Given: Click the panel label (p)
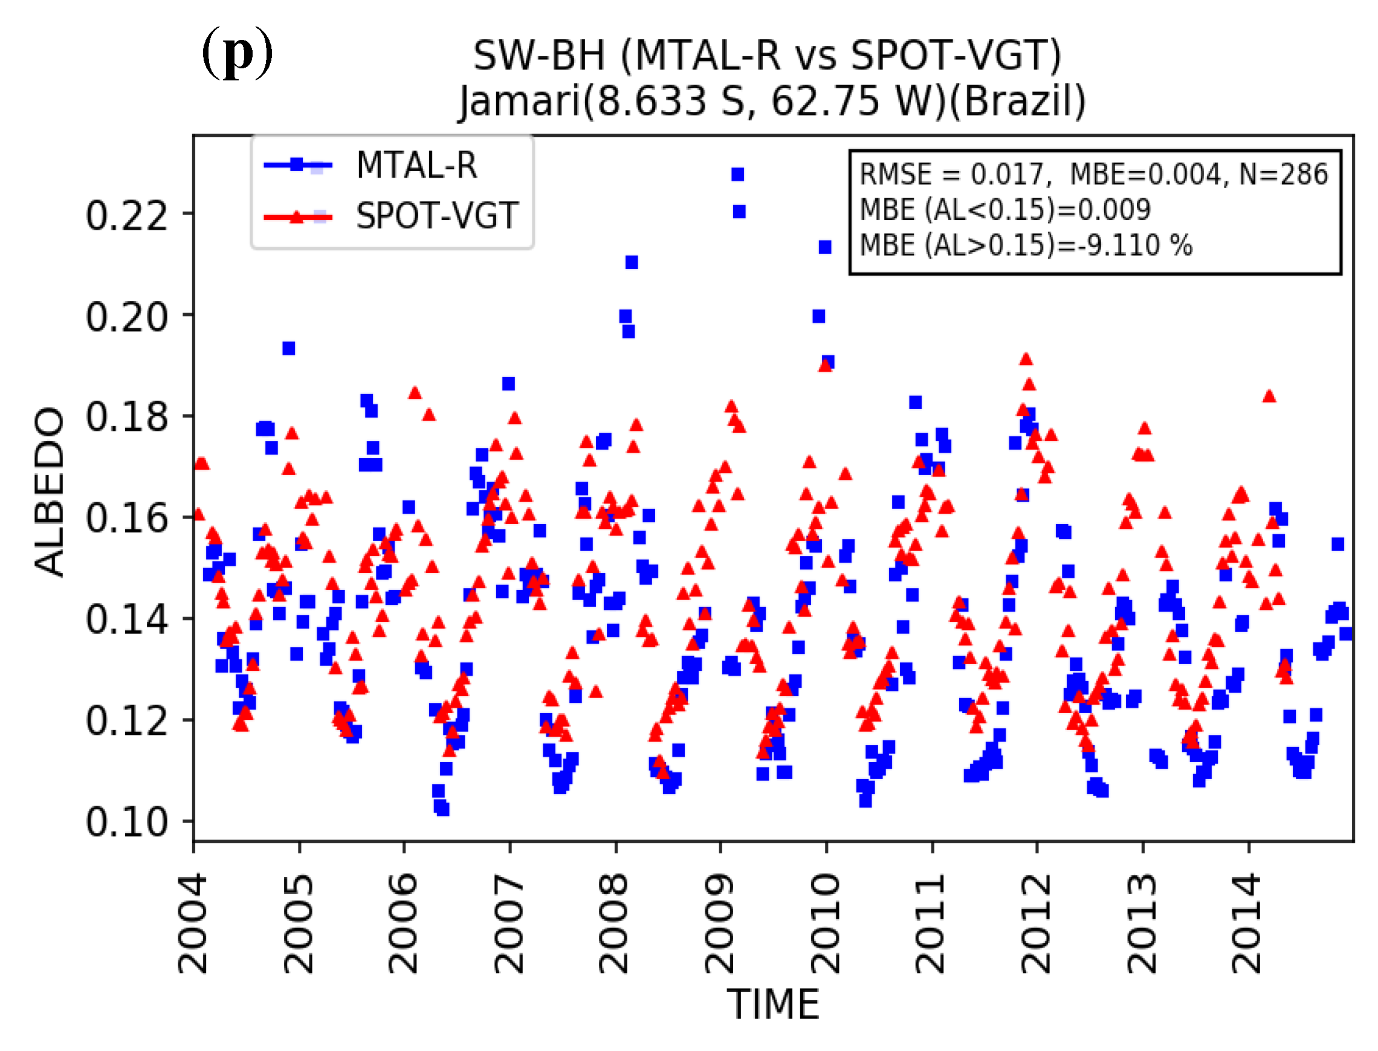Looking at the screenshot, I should (237, 53).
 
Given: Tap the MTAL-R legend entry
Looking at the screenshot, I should (416, 166).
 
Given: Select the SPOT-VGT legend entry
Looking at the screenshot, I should (436, 216).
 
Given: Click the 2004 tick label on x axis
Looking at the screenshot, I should (192, 925).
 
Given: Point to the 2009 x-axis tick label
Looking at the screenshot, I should (719, 925).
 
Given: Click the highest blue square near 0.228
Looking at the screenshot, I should (737, 175).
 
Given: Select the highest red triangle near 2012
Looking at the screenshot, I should (1025, 359).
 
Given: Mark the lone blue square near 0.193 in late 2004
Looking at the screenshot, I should (288, 349).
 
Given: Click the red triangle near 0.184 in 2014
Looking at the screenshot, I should (1269, 396).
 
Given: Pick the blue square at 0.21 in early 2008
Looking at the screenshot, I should (632, 263).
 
